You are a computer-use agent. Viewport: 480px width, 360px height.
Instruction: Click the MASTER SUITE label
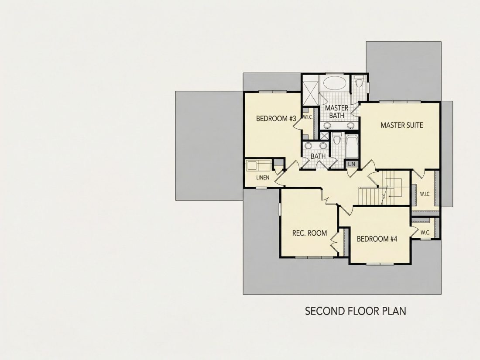[x=401, y=125]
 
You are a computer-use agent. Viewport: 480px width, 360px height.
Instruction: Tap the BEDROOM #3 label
[x=276, y=118]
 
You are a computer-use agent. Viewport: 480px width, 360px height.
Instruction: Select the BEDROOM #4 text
[x=377, y=239]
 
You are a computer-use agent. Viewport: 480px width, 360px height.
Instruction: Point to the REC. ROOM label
[x=309, y=233]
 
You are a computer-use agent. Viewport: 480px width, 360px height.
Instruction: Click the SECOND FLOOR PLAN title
[x=355, y=311]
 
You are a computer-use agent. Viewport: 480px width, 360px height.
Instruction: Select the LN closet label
[x=352, y=164]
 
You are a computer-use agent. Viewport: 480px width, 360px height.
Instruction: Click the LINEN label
[x=263, y=177]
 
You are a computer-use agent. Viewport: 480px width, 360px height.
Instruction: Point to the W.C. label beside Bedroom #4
[x=425, y=233]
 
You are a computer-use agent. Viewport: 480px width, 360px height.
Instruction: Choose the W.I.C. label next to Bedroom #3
[x=307, y=117]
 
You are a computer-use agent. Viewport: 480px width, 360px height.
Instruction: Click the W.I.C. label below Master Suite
[x=425, y=194]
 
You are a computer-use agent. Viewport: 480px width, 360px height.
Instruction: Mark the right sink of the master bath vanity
[x=351, y=125]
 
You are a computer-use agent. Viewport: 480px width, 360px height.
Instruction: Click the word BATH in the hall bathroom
[x=318, y=156]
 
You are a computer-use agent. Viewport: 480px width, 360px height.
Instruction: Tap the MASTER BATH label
[x=336, y=112]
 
